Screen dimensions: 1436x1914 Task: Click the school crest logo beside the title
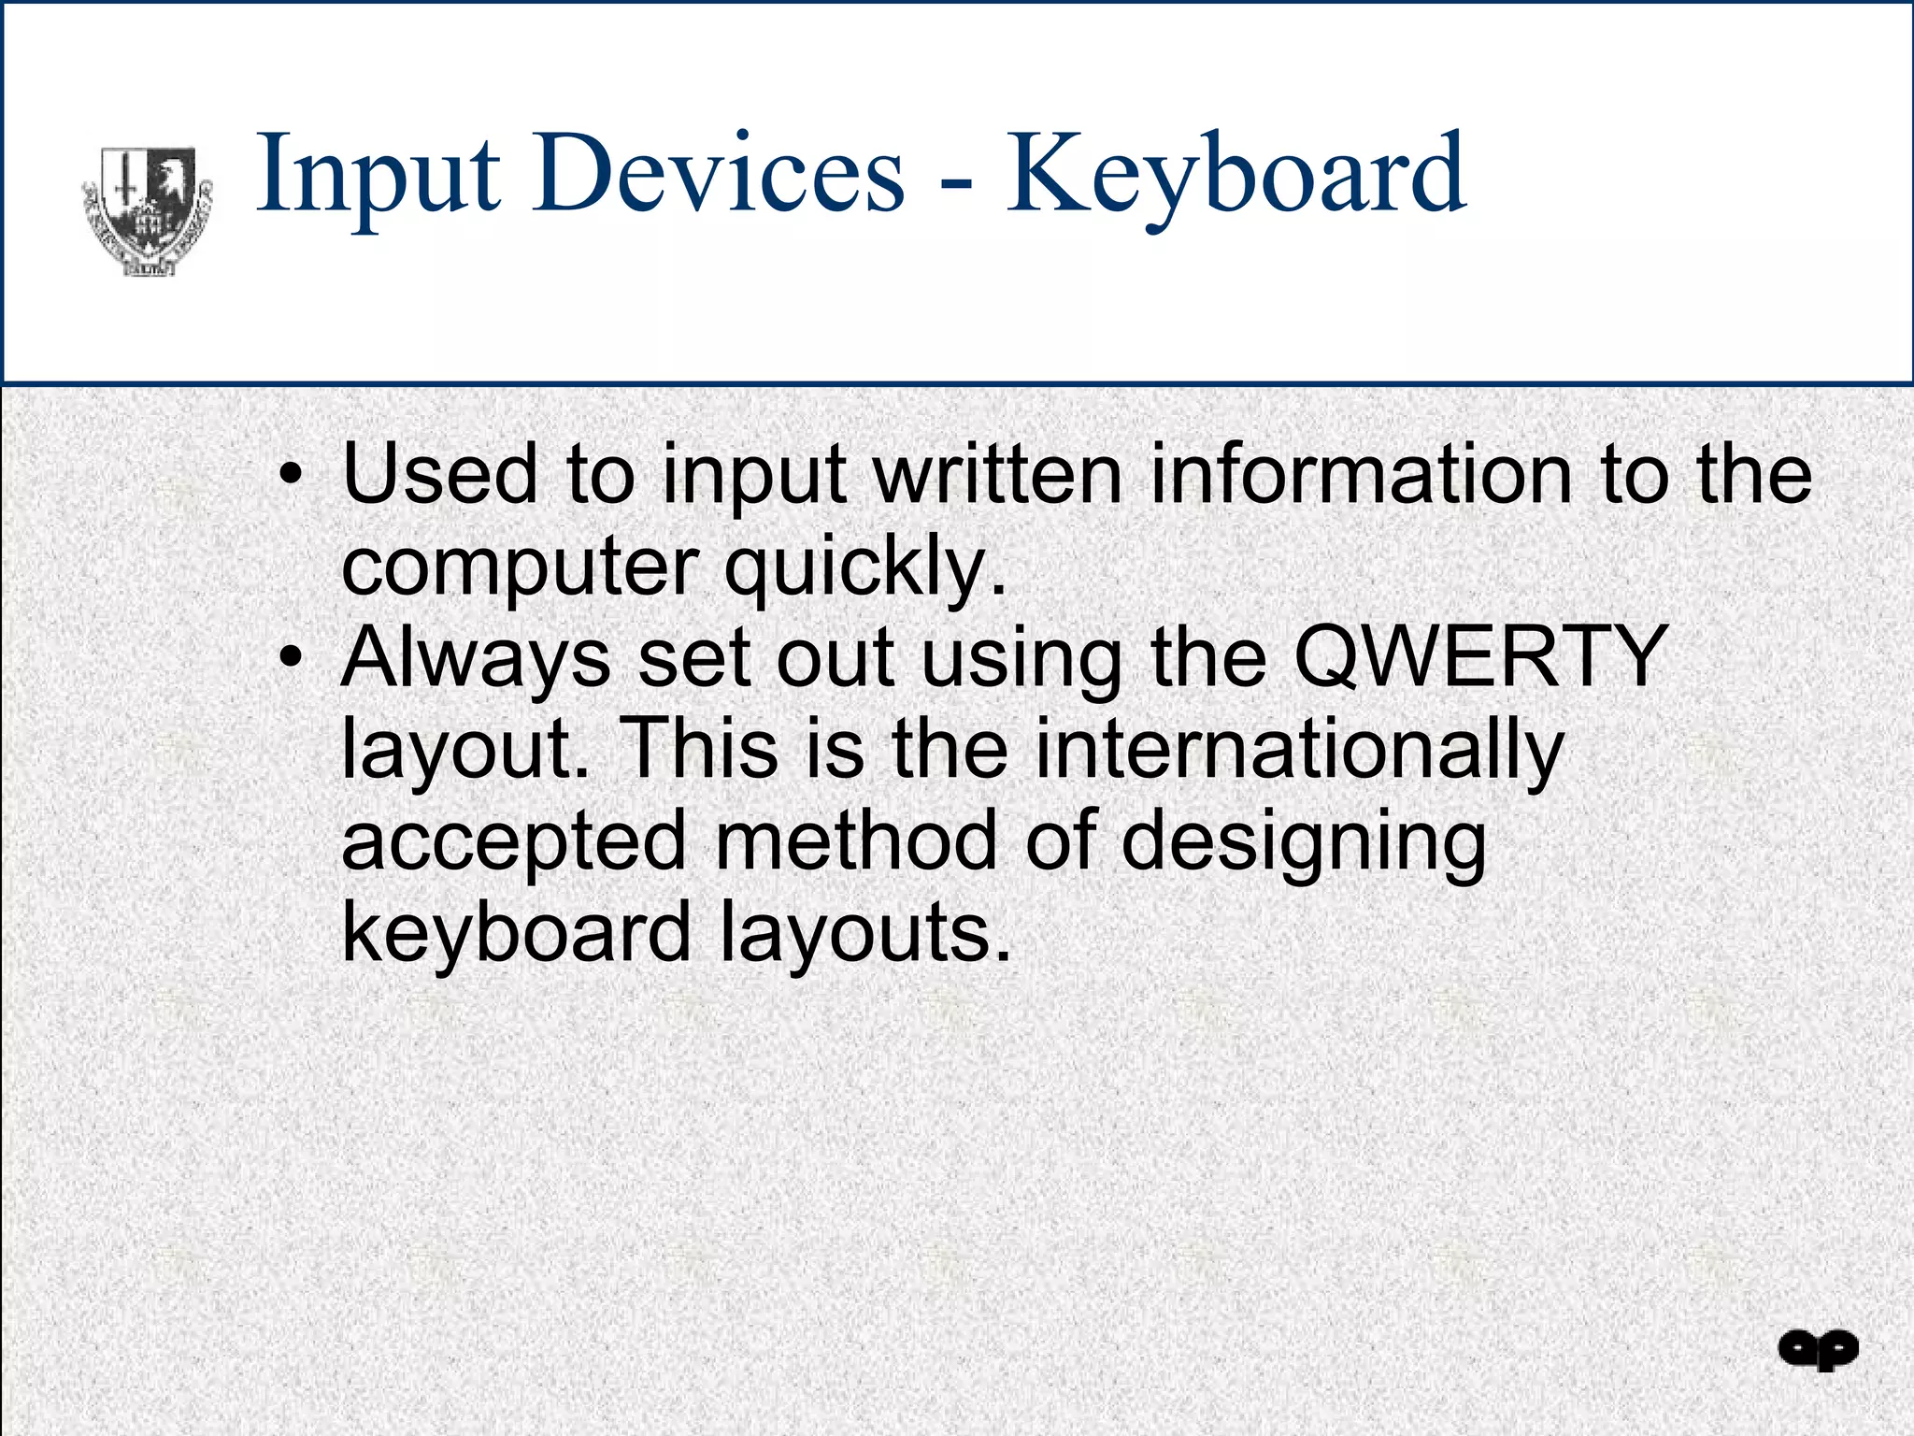148,211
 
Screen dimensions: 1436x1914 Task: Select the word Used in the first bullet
440,474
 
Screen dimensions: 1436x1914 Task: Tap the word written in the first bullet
996,474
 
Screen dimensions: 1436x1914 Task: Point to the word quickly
865,568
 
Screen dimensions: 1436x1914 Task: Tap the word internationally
1298,750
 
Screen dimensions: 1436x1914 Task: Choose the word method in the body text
856,840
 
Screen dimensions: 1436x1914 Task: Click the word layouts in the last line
865,933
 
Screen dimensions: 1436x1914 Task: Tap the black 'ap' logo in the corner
1818,1350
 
